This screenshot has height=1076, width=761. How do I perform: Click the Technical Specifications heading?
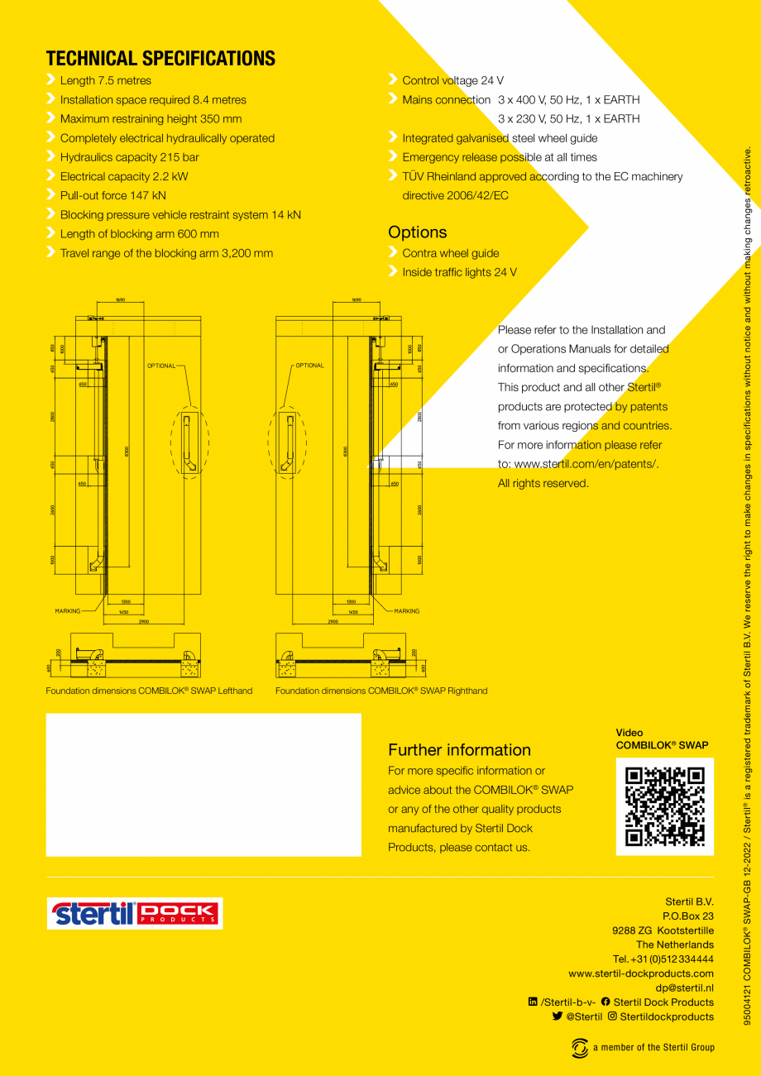click(x=160, y=59)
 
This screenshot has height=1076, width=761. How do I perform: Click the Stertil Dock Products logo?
click(x=135, y=913)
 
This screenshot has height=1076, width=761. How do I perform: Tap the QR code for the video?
click(x=664, y=806)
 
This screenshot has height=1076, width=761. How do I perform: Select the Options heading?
click(x=417, y=232)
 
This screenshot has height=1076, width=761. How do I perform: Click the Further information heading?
click(x=459, y=750)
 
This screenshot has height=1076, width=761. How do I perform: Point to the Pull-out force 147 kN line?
click(x=112, y=195)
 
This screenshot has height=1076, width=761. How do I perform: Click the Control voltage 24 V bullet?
click(x=452, y=80)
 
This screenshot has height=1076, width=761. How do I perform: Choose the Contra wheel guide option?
click(x=450, y=253)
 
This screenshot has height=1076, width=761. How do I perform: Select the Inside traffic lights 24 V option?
click(x=459, y=272)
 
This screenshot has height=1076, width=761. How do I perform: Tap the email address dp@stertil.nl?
click(x=684, y=987)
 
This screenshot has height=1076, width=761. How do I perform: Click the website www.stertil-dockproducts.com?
click(x=641, y=973)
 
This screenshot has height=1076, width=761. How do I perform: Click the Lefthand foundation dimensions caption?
click(x=149, y=691)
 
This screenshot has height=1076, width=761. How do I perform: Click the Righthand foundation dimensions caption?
click(x=381, y=691)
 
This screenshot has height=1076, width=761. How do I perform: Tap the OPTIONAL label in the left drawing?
click(x=160, y=366)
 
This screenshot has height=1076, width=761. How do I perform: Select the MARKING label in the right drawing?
click(x=406, y=611)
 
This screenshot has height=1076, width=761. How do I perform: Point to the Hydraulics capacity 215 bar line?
click(x=129, y=157)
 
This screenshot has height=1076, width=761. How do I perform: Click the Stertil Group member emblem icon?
click(x=580, y=1047)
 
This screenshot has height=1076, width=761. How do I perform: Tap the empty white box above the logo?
click(x=203, y=784)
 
